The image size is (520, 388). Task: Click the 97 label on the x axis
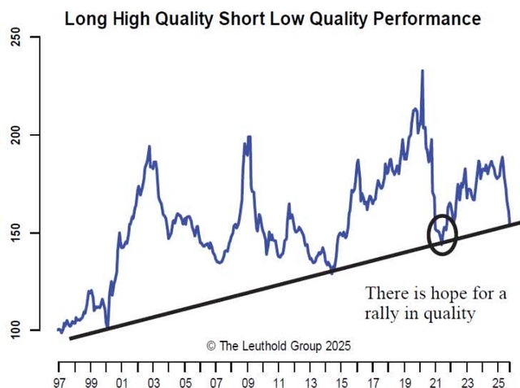(58, 381)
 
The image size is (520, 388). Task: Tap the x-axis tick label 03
(153, 381)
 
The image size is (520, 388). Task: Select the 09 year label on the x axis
(247, 381)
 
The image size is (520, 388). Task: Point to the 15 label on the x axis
(341, 381)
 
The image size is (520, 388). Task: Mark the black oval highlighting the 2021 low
(442, 235)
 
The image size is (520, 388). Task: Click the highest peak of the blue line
(422, 72)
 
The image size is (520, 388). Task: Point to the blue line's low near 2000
(106, 327)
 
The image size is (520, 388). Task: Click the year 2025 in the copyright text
(336, 345)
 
